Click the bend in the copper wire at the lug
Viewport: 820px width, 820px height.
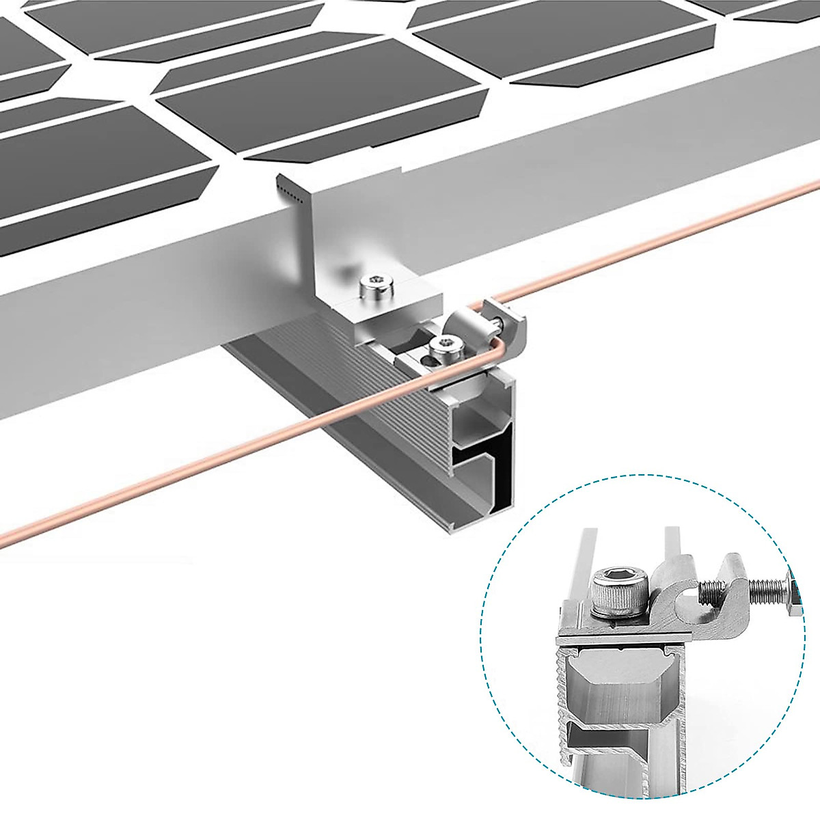pyautogui.click(x=501, y=342)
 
